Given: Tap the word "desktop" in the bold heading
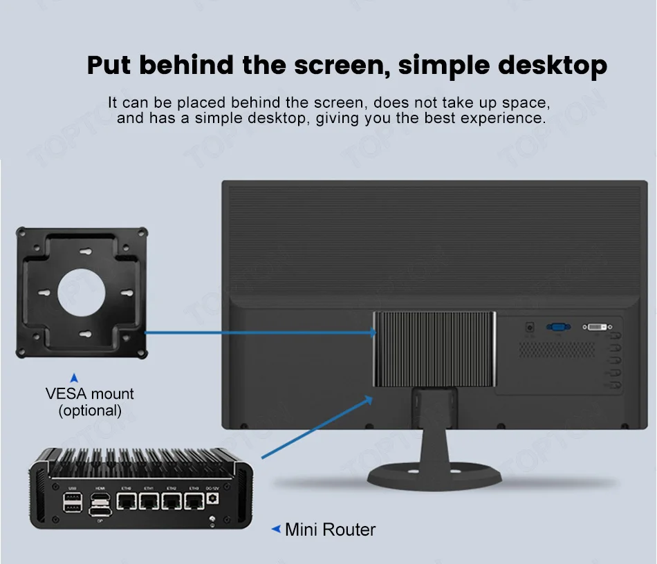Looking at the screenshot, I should click(553, 66).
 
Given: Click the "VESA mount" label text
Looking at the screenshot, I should click(90, 394).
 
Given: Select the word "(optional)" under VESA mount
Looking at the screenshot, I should click(90, 411).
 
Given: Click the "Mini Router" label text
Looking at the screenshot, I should click(330, 530).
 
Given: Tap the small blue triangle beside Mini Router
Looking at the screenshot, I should click(276, 529).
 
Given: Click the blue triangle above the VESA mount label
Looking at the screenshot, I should click(75, 378).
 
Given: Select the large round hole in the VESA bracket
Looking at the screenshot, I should click(82, 290).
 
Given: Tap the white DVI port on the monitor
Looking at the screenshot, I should click(599, 326).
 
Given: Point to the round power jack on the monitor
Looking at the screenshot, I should click(530, 326).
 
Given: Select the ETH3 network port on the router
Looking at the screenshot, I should click(194, 504).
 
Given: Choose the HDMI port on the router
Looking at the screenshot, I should click(100, 498).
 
